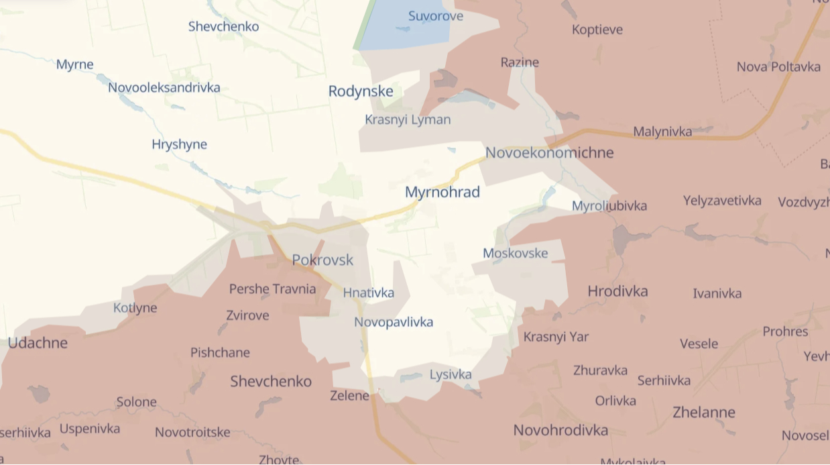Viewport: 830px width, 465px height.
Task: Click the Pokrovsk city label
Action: [322, 260]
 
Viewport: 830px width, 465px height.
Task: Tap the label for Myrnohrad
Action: [442, 193]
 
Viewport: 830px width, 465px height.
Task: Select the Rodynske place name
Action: [361, 91]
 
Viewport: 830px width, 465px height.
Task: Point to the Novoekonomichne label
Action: [549, 152]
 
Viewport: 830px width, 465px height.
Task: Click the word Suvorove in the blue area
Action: [436, 16]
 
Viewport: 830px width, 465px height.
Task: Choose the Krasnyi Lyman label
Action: [408, 120]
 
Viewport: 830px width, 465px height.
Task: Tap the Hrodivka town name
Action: [617, 291]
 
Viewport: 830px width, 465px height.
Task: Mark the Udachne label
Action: [38, 343]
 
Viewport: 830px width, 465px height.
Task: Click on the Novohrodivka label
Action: [560, 430]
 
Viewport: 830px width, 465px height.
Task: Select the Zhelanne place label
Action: [704, 412]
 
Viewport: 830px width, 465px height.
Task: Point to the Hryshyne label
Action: [179, 144]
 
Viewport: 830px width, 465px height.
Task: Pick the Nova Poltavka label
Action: [778, 66]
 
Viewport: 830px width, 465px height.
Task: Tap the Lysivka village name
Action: [451, 374]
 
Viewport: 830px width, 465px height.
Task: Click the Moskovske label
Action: [515, 253]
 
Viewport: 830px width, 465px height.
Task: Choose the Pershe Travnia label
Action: [272, 289]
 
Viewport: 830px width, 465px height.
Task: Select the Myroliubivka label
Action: [609, 206]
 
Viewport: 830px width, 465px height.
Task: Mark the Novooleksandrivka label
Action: [164, 87]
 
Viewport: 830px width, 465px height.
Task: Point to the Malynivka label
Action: [662, 132]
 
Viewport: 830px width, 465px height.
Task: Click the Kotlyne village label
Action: [135, 308]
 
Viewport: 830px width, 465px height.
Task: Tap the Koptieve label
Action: [597, 30]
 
